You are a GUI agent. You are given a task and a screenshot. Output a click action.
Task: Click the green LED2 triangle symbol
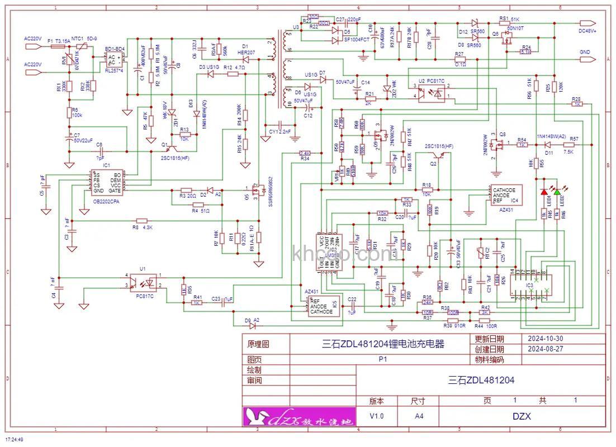coord(557,192)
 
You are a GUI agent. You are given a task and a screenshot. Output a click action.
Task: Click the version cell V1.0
coord(377,416)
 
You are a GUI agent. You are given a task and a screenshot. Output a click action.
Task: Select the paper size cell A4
coord(419,416)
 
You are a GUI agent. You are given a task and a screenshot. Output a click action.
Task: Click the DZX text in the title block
coord(521,416)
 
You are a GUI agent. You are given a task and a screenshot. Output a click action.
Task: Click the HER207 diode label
coord(246,52)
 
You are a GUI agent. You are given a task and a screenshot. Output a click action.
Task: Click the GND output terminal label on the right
coord(585,52)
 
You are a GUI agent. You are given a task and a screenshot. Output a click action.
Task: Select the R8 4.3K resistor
coord(142,222)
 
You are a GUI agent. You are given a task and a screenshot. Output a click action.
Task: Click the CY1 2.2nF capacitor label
coord(279,131)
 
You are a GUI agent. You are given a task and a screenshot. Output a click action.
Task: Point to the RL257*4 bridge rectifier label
coord(115,71)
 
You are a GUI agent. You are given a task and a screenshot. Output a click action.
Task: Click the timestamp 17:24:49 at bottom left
coord(13,440)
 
